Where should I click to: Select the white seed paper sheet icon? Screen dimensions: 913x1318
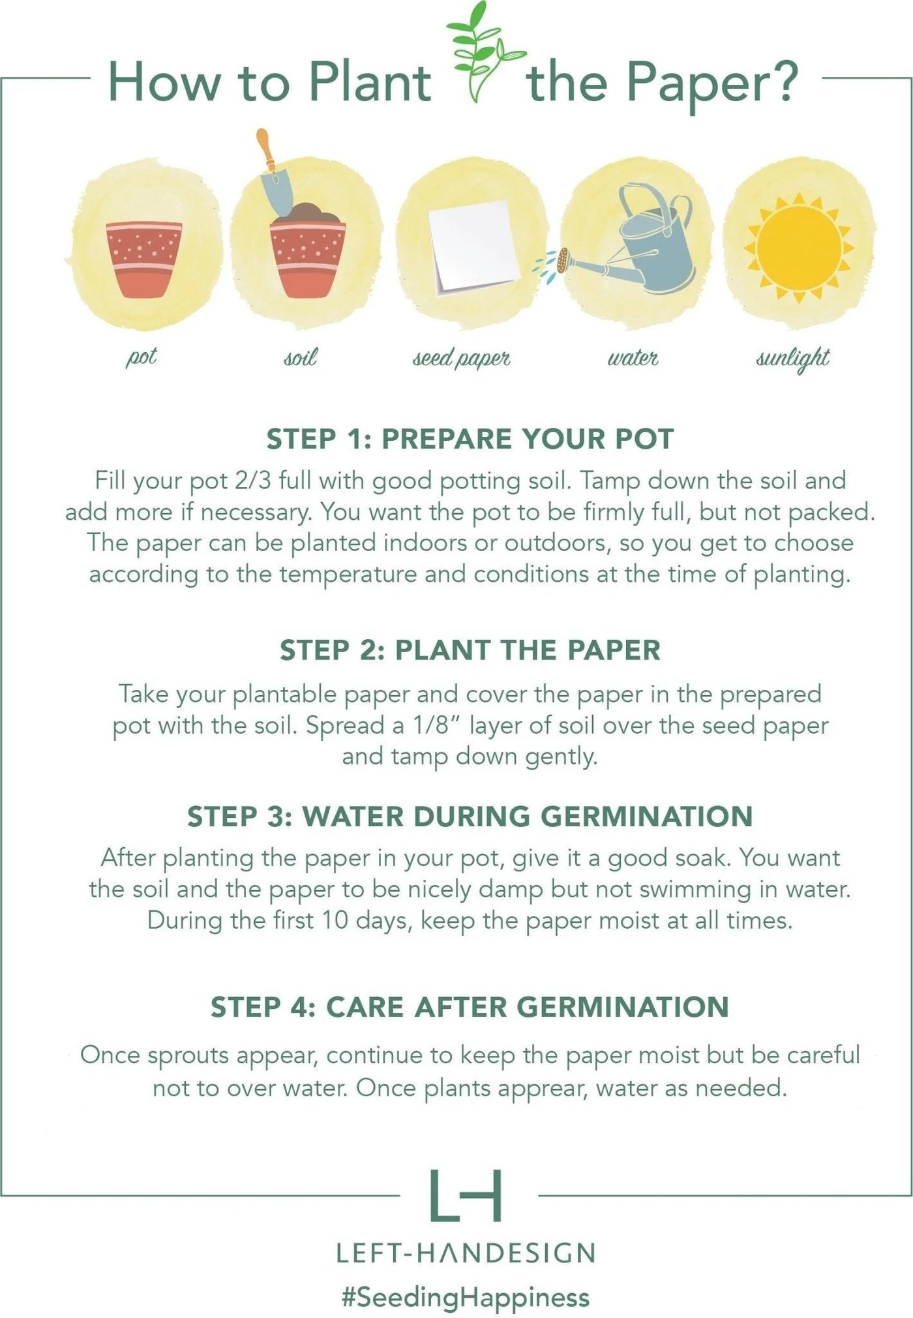(474, 246)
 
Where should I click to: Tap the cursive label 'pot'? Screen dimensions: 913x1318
(142, 357)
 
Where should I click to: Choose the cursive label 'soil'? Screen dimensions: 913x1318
(301, 357)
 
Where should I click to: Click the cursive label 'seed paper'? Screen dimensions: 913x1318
(462, 358)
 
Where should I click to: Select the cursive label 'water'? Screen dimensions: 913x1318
(633, 357)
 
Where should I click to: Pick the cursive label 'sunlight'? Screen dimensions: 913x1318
(793, 358)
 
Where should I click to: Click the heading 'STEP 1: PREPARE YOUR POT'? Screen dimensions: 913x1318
(470, 439)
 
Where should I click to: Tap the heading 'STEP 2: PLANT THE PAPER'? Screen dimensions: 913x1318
(470, 650)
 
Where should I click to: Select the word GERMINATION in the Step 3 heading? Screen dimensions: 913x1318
(647, 816)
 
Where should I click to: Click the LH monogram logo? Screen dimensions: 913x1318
(466, 1195)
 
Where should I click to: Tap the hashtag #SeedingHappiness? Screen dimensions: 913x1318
(466, 1297)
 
